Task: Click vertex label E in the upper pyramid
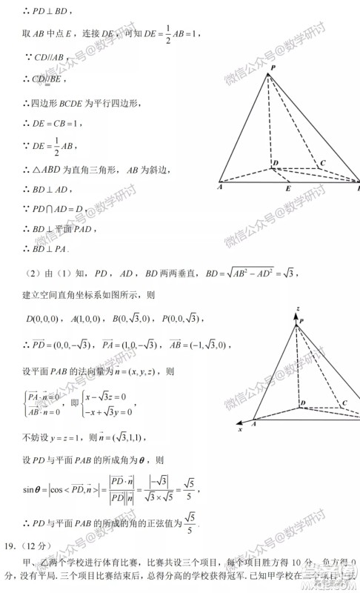tap(288, 189)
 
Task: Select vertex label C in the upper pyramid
tap(321, 162)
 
